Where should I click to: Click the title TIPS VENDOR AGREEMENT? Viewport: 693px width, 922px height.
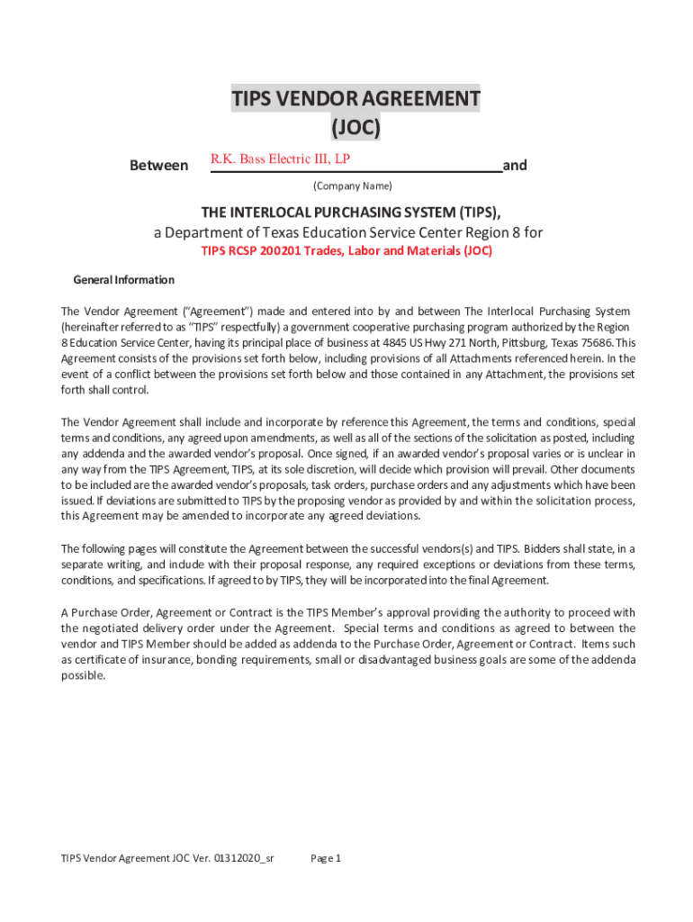point(355,98)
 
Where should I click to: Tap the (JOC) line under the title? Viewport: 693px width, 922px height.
point(355,129)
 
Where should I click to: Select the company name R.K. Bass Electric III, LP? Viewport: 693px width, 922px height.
point(280,159)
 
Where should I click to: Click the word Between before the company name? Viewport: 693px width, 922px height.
point(159,166)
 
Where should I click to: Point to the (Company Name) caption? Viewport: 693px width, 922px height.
point(352,186)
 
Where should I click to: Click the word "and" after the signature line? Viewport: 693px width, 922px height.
point(515,166)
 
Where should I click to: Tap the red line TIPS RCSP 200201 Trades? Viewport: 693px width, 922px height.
point(346,251)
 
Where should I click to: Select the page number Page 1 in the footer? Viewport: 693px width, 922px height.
point(326,858)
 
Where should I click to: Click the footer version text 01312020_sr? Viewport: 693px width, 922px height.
point(244,858)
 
